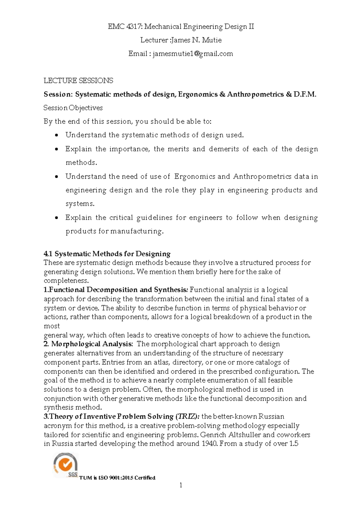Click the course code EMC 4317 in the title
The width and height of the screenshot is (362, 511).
[x=125, y=27]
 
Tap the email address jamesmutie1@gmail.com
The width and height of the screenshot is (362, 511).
[x=193, y=54]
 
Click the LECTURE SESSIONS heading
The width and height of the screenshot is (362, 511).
[x=78, y=80]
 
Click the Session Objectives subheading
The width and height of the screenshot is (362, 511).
[x=73, y=108]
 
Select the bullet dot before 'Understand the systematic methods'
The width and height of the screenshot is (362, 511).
[x=56, y=135]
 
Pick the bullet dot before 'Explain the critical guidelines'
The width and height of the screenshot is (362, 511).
[x=56, y=218]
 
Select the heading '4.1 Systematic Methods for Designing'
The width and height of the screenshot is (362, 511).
[x=107, y=254]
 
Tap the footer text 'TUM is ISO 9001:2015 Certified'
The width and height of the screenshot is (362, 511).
[x=117, y=478]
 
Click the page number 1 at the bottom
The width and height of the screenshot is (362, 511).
[x=181, y=485]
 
